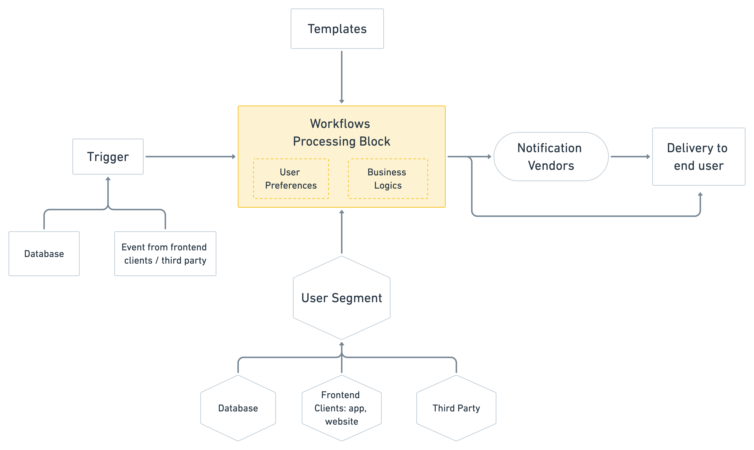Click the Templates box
(x=337, y=29)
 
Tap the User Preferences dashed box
(x=291, y=179)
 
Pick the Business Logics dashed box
(x=388, y=179)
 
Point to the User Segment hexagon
(x=342, y=298)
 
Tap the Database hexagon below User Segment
(x=238, y=408)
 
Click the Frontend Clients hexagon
(x=342, y=408)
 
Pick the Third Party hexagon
(x=456, y=408)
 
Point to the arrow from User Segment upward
(x=342, y=232)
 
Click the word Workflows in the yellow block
(x=340, y=124)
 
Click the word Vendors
(x=551, y=166)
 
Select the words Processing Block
(x=342, y=142)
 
